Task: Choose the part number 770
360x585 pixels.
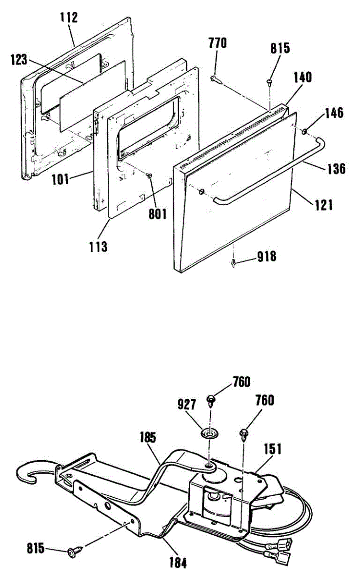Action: point(217,43)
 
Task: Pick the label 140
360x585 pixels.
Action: point(303,77)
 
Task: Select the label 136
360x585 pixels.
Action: point(336,169)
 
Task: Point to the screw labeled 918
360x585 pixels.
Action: point(235,263)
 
